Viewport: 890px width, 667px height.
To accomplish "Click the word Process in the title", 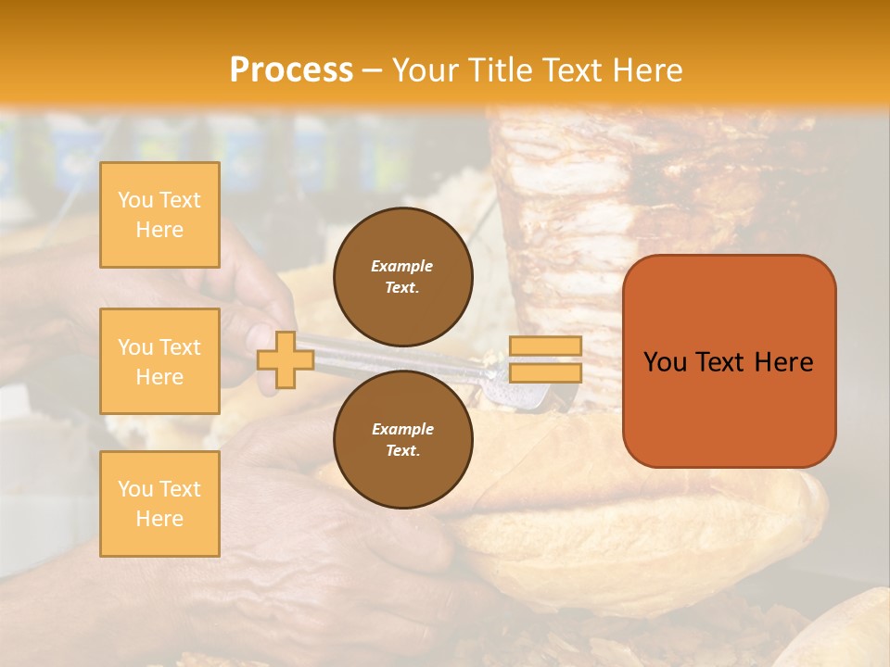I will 291,70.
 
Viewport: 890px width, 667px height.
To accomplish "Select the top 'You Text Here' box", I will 159,215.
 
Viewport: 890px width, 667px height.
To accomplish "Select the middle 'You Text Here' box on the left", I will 159,361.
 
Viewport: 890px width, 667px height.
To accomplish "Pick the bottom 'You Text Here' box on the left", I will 159,503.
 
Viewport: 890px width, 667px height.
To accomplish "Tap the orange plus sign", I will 286,359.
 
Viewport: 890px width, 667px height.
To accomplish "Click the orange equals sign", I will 545,359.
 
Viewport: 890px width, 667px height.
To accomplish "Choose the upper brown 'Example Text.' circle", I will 402,277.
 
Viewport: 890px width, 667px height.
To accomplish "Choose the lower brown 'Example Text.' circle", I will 402,440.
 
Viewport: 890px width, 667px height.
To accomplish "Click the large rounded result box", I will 729,361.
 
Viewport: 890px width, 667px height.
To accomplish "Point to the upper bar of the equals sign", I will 545,346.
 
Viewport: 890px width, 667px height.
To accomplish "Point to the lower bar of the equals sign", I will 545,373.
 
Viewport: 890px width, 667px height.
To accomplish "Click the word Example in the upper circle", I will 402,266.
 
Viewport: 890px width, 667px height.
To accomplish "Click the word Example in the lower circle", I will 402,429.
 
